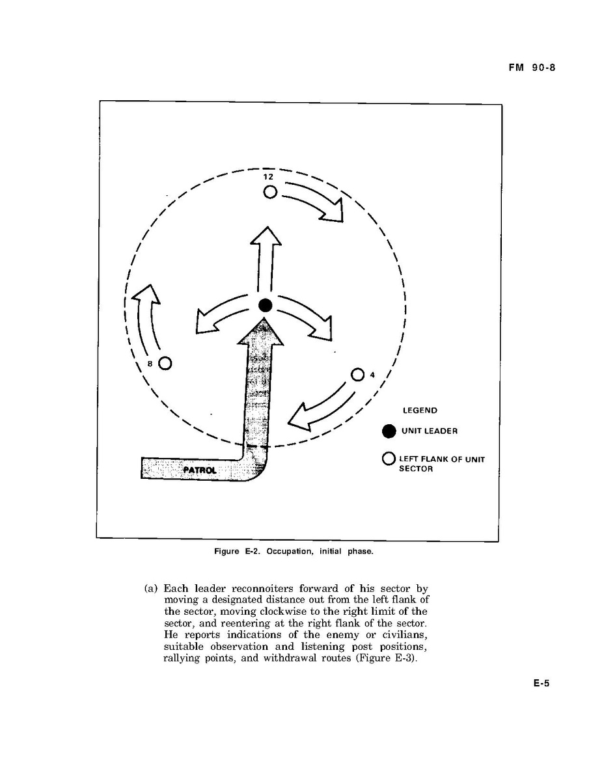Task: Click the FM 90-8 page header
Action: click(531, 68)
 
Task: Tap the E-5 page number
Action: click(542, 683)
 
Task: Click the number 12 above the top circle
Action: click(268, 176)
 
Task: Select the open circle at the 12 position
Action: click(269, 192)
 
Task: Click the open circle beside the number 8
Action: click(165, 364)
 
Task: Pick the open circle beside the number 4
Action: click(358, 375)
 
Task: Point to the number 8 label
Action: click(150, 364)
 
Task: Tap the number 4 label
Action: click(372, 375)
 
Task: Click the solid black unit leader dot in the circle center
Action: click(265, 306)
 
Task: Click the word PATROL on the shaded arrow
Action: click(200, 470)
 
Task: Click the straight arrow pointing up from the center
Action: click(265, 259)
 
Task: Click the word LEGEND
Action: click(420, 410)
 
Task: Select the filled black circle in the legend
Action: click(389, 431)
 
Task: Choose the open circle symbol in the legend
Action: click(389, 459)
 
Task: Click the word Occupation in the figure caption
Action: click(290, 552)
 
